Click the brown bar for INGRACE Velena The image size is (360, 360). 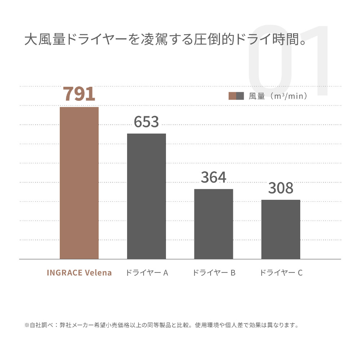click(79, 183)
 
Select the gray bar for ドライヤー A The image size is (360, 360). click(147, 196)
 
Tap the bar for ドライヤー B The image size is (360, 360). click(213, 224)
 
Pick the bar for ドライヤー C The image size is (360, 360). click(281, 229)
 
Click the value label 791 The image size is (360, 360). click(79, 94)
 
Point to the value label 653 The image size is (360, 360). click(147, 122)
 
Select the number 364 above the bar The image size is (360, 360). click(213, 177)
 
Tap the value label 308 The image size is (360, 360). click(281, 188)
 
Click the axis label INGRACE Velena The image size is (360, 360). click(79, 273)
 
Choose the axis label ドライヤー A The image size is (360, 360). click(147, 273)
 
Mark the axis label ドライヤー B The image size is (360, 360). click(214, 273)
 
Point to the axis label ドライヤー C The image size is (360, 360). click(281, 273)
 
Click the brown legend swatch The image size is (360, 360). click(232, 96)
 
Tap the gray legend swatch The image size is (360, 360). click(240, 96)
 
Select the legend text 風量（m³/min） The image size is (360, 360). click(278, 96)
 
